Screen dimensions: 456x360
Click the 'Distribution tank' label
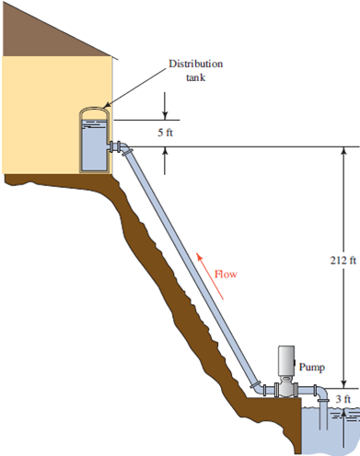click(194, 71)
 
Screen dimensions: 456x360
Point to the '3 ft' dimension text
click(343, 398)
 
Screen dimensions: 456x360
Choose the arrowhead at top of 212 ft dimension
click(343, 151)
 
